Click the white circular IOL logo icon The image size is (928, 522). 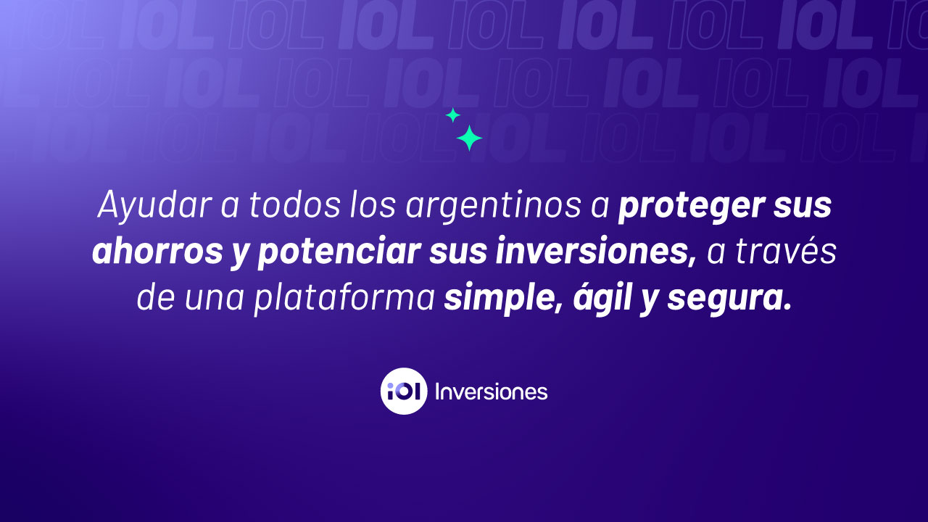tap(404, 391)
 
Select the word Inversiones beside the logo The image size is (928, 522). tap(491, 392)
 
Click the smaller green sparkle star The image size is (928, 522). tap(453, 115)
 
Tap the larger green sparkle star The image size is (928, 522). tap(469, 138)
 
